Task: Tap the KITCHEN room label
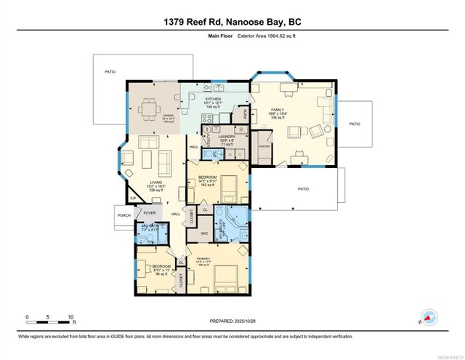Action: (x=213, y=99)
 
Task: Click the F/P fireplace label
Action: (x=133, y=197)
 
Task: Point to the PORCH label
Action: (x=123, y=215)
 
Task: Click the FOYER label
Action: (x=149, y=212)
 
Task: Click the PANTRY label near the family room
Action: (x=264, y=146)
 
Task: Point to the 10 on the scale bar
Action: (x=70, y=317)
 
